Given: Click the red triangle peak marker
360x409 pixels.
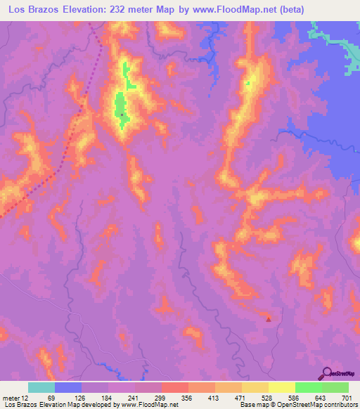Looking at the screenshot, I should tap(268, 319).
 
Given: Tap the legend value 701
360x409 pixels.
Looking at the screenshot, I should tap(347, 398).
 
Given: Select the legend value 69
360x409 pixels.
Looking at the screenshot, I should tap(51, 398).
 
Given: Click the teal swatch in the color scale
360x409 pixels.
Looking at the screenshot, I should tap(41, 387).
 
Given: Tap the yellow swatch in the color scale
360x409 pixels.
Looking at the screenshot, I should tap(282, 387).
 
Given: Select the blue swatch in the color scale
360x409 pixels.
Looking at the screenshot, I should tap(68, 387).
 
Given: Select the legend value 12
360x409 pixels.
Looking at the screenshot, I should tap(26, 398).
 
